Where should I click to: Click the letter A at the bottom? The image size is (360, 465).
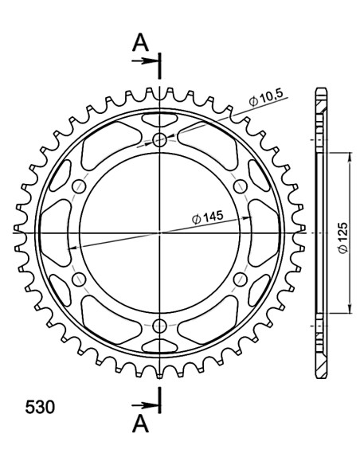tap(140, 421)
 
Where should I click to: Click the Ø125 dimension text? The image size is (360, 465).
tap(340, 232)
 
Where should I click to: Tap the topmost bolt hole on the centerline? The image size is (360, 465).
tap(161, 140)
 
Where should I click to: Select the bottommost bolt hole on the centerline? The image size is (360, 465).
tap(161, 325)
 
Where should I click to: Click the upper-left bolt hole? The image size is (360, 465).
tap(79, 186)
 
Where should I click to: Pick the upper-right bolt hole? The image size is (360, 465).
tap(241, 186)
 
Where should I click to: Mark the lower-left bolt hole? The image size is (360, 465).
tap(79, 279)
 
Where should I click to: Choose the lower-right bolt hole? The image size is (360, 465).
tap(241, 279)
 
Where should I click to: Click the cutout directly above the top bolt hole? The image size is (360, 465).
tap(161, 119)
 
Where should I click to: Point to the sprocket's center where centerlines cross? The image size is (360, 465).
tap(161, 232)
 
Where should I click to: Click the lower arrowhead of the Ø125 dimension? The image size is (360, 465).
tap(347, 309)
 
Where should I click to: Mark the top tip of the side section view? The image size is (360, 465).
tap(320, 88)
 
